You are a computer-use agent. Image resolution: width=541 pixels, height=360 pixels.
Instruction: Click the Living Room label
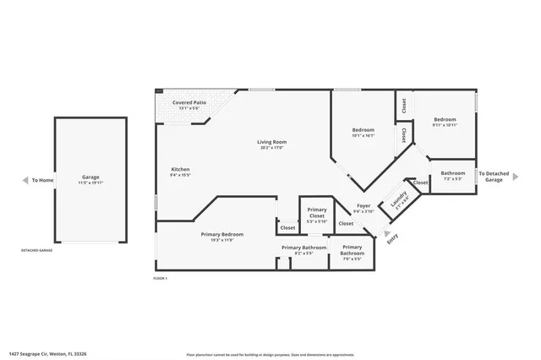272,142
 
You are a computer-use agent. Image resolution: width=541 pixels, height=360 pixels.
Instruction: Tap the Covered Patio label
189,102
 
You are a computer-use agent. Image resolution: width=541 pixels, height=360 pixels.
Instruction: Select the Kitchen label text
181,169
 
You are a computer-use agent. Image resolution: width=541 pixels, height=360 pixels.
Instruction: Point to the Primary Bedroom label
221,234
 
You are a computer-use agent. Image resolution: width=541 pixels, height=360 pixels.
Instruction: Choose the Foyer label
363,205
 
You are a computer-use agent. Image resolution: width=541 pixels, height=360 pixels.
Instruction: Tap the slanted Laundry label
399,199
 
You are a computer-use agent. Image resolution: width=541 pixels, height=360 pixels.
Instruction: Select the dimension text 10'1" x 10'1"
363,135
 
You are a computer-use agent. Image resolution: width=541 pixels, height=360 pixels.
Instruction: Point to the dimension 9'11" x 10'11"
445,125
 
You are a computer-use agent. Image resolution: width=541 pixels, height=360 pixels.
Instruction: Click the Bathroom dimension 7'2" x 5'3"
453,178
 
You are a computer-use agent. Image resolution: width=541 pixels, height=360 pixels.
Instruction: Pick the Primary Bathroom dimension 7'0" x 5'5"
352,259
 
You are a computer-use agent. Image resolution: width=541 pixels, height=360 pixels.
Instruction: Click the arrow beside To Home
24,180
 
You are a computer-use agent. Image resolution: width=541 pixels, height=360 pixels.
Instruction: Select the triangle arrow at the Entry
387,234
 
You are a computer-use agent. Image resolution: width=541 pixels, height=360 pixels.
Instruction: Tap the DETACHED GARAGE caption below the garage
36,251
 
